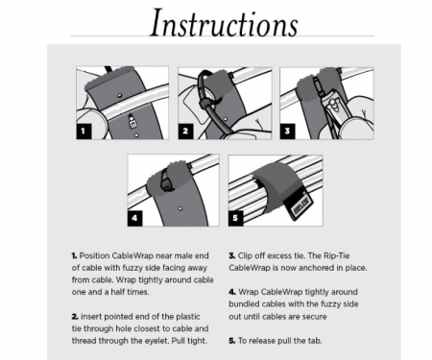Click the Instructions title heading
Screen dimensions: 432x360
(224, 22)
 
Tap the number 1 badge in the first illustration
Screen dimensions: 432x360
(84, 132)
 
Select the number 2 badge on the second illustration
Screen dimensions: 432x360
(185, 132)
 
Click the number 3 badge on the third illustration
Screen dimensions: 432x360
(287, 132)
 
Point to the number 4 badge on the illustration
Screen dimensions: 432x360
(134, 218)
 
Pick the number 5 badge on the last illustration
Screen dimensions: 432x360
(236, 218)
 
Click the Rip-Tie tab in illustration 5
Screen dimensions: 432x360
(299, 205)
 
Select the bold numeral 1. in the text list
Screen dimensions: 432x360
(74, 255)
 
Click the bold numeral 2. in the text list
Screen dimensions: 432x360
(75, 317)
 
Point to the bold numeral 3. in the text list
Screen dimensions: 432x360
(232, 255)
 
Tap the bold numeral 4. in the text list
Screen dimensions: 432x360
(232, 292)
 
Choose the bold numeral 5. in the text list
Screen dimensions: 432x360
(232, 341)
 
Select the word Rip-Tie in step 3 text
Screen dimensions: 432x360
(337, 255)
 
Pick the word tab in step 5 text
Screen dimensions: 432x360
(315, 341)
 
